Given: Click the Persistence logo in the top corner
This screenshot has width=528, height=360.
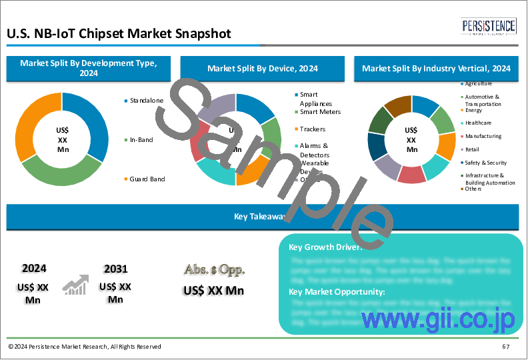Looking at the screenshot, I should pyautogui.click(x=489, y=27).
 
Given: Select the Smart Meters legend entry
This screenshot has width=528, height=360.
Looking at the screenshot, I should pyautogui.click(x=319, y=112).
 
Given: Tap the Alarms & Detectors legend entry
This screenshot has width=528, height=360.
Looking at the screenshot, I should pyautogui.click(x=315, y=149).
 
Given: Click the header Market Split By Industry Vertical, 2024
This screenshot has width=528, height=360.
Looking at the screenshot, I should pyautogui.click(x=437, y=68).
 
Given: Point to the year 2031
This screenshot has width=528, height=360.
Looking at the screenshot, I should pyautogui.click(x=115, y=269).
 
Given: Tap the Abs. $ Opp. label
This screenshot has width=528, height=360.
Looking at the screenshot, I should pyautogui.click(x=213, y=270).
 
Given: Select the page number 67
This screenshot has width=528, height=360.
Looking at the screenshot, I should pyautogui.click(x=505, y=347).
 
